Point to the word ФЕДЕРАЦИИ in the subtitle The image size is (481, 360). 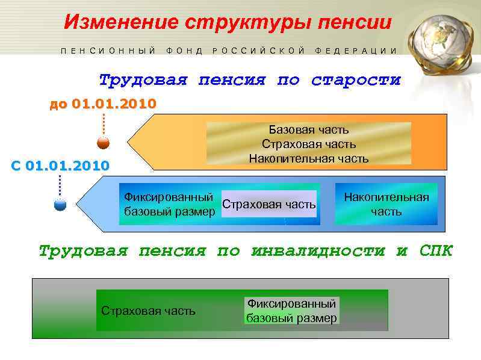pyautogui.click(x=356, y=51)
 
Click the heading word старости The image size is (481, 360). pyautogui.click(x=356, y=80)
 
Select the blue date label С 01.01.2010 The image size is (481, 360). pyautogui.click(x=60, y=166)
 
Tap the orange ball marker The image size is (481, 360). pyautogui.click(x=104, y=143)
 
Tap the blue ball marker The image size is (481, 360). pyautogui.click(x=60, y=205)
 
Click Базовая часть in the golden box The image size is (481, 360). pyautogui.click(x=308, y=130)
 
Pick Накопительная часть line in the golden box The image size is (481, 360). pyautogui.click(x=308, y=158)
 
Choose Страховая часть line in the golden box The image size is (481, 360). pyautogui.click(x=308, y=144)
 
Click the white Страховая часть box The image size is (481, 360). pyautogui.click(x=269, y=205)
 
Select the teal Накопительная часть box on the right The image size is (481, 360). pyautogui.click(x=386, y=205)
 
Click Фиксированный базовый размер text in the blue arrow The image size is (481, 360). pyautogui.click(x=169, y=205)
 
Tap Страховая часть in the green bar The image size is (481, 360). pyautogui.click(x=148, y=311)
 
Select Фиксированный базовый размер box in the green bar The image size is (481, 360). pyautogui.click(x=291, y=311)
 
